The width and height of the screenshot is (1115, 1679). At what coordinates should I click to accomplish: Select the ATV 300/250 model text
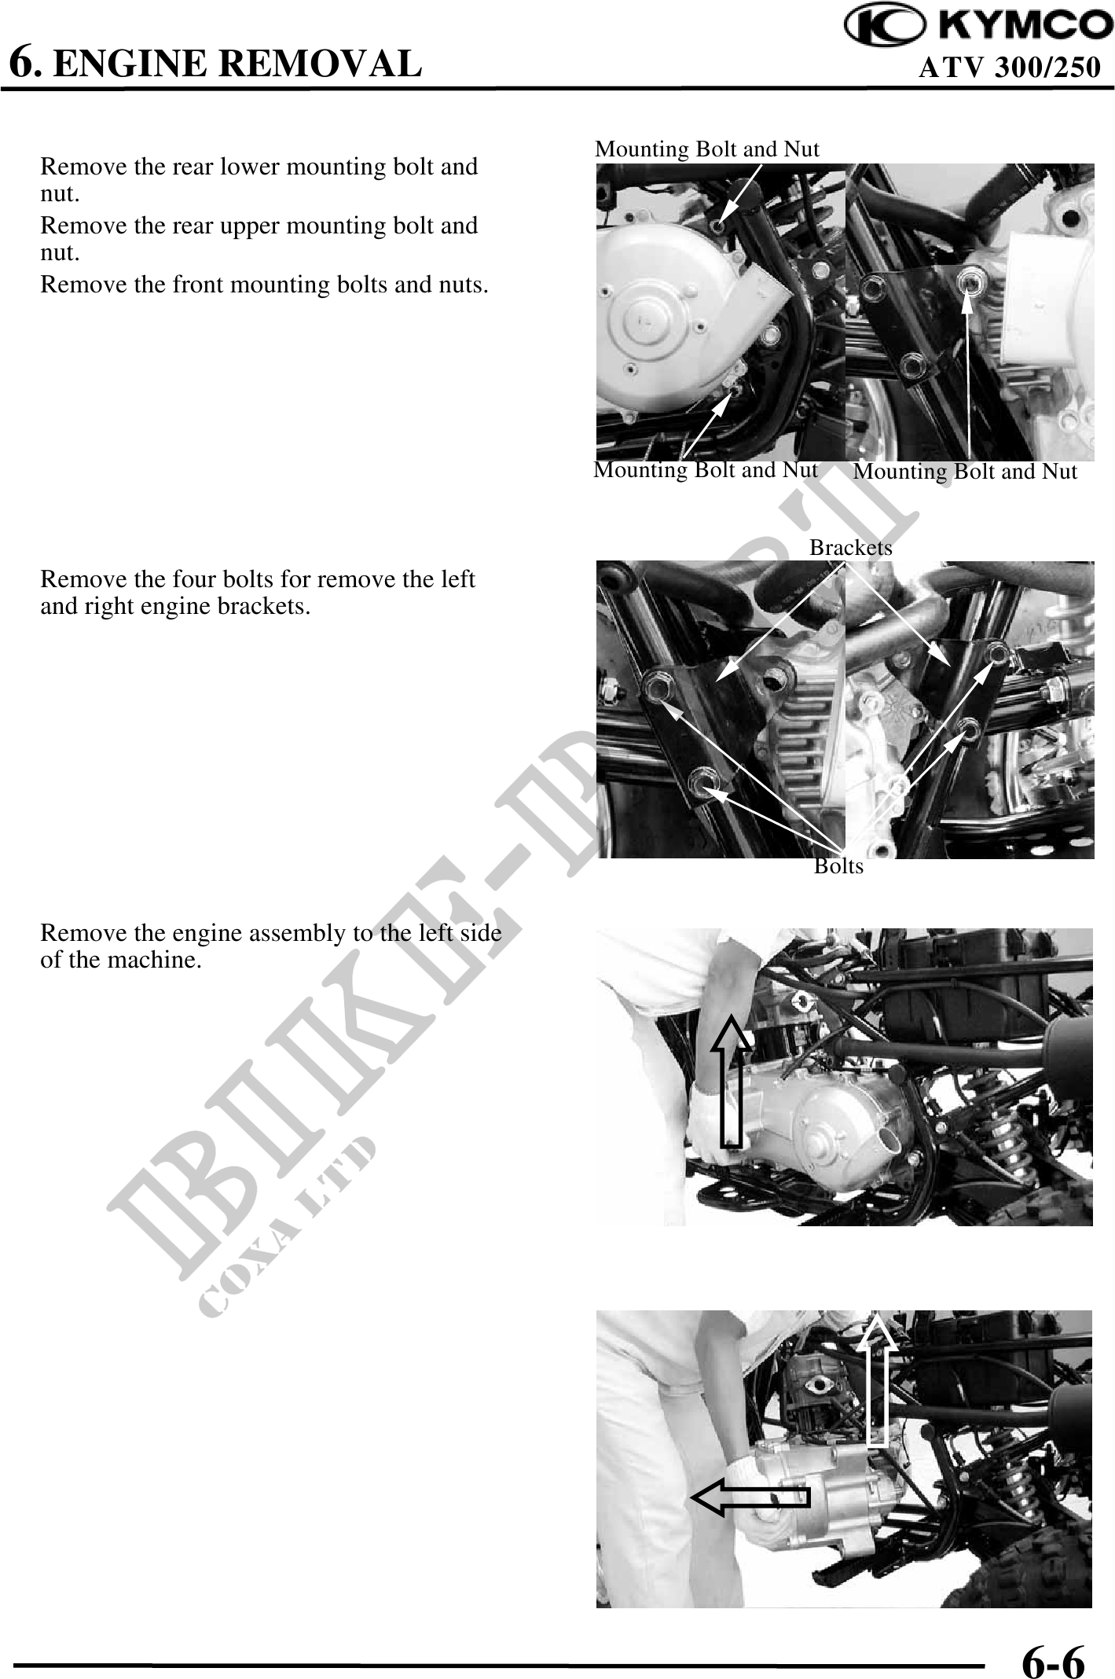[1010, 68]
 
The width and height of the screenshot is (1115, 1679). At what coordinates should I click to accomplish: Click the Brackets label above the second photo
[851, 547]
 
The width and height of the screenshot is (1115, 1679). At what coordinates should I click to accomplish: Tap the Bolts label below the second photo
[838, 866]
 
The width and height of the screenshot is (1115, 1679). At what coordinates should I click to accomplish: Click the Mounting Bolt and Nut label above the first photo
[707, 149]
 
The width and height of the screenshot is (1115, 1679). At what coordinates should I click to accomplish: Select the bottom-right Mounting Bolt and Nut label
[965, 472]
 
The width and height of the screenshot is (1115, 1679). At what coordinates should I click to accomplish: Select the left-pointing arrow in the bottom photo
[750, 1497]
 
